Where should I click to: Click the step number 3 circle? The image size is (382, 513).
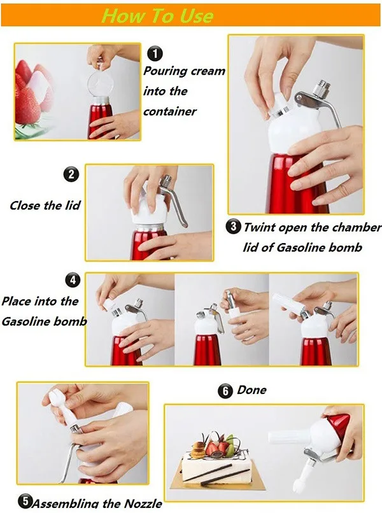(x=234, y=225)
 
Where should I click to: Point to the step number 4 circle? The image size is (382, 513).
(x=74, y=280)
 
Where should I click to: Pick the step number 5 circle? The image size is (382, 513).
(x=25, y=502)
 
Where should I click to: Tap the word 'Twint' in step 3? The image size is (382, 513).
(x=262, y=227)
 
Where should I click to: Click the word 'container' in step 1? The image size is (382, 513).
(x=170, y=111)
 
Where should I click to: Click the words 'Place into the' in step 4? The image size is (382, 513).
(x=39, y=301)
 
